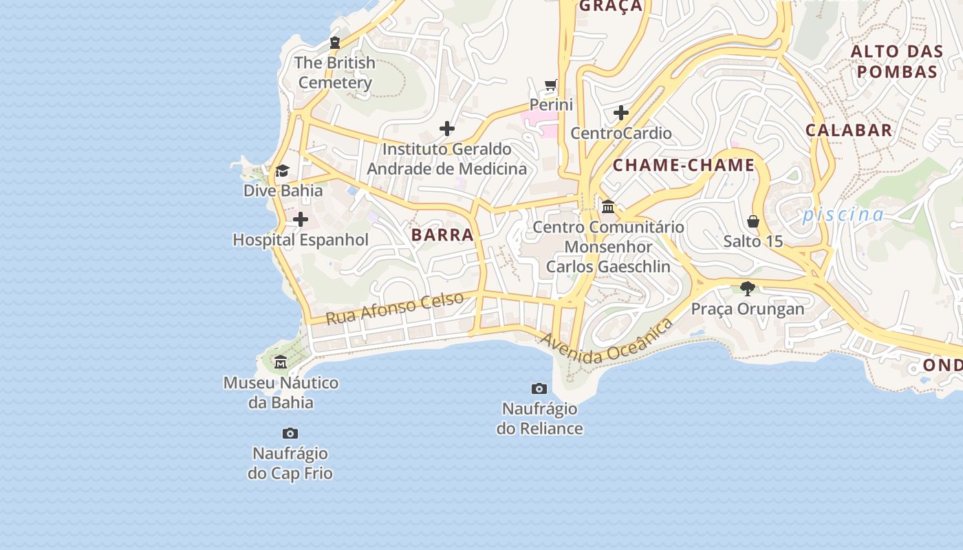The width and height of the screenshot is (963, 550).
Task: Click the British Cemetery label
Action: point(335,73)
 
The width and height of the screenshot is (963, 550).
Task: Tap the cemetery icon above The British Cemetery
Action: point(335,43)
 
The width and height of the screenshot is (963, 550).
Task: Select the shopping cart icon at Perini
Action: point(551,85)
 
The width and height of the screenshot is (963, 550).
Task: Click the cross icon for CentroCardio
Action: point(621,113)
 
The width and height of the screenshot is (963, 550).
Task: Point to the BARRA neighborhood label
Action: point(442,234)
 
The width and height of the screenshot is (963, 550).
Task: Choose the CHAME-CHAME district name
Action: point(684,165)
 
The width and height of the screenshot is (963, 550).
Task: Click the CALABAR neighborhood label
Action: point(849,130)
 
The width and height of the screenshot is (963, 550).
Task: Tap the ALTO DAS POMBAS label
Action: point(894,61)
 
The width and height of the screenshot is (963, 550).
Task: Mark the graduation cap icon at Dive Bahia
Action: point(282,170)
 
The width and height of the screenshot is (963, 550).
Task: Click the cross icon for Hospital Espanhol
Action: point(301,220)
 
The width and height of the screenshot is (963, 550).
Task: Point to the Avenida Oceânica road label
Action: point(606,342)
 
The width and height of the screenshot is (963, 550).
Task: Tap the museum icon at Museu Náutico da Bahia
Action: point(281,362)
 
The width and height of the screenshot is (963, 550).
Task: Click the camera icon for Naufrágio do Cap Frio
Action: point(290,434)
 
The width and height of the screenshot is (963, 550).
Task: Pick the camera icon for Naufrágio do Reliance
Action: point(539,389)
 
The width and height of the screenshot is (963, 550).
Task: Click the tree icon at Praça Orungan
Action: point(748,289)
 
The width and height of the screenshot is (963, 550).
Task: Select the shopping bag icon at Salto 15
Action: point(753,221)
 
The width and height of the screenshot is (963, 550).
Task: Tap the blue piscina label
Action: point(843,214)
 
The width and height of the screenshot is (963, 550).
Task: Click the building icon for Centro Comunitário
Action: point(608,206)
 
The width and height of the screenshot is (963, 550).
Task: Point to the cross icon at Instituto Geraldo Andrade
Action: point(447,129)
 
